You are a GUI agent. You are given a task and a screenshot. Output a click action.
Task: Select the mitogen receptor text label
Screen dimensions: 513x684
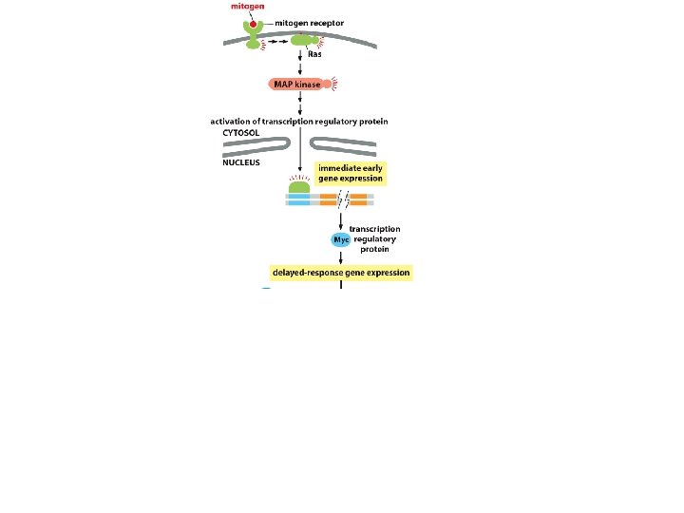[x=309, y=22]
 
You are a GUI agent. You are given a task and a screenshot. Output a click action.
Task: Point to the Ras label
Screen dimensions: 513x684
[x=314, y=54]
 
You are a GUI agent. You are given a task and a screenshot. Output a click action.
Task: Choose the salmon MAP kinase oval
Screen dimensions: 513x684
[x=296, y=85]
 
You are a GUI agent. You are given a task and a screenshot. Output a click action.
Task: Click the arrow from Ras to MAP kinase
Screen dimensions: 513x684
[x=300, y=64]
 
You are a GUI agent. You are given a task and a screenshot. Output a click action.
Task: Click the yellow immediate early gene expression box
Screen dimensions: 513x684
[x=351, y=173]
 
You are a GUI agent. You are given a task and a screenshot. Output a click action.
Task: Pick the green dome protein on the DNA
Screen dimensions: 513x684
[x=299, y=188]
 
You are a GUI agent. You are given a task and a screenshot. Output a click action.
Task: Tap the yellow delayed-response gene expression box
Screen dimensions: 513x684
[x=341, y=272]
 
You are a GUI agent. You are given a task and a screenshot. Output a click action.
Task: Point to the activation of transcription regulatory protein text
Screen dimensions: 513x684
[x=298, y=122]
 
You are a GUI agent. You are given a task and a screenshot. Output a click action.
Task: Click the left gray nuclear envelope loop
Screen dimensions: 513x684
[x=257, y=144]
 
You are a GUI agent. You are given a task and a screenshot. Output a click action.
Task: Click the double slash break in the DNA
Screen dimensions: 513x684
[x=346, y=199]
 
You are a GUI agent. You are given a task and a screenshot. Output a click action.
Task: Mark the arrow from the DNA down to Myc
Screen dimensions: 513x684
[x=341, y=219]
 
